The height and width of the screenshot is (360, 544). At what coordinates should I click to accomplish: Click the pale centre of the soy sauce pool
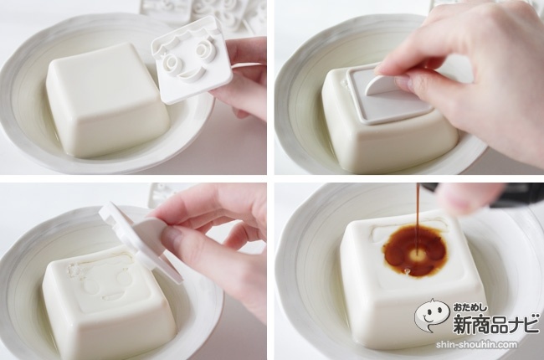pyautogui.click(x=417, y=255)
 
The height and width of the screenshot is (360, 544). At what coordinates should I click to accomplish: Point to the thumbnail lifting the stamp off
pyautogui.click(x=171, y=235)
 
